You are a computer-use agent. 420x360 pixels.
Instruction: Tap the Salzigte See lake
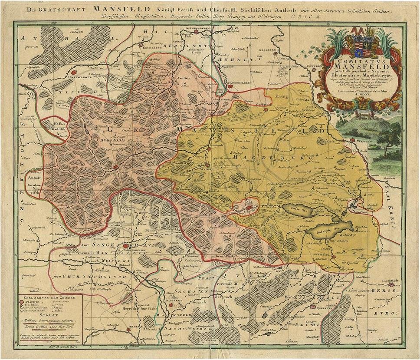coord(329,229)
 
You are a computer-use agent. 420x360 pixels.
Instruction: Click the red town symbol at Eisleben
coord(248,208)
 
